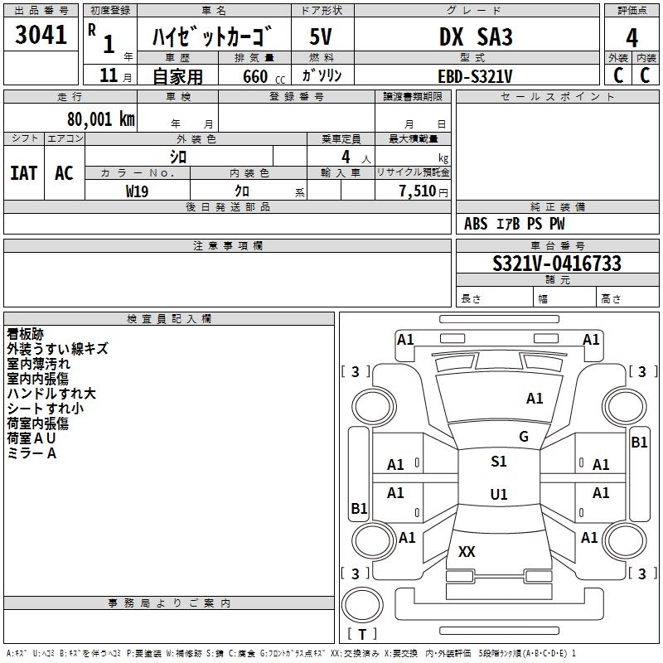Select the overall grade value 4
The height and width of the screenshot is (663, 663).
pos(632,37)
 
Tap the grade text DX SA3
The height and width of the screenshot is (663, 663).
pos(476,37)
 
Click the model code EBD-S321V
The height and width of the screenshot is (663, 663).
pos(475,76)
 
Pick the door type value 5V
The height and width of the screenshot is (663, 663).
pos(322,37)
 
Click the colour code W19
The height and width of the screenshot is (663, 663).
pos(138,190)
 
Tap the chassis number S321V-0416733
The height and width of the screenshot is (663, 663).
pos(556,264)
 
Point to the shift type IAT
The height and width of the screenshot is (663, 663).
pos(24,172)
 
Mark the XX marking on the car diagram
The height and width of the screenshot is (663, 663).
pos(467,551)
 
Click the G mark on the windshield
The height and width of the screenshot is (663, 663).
pos(523,437)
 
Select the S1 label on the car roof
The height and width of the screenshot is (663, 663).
pos(498,462)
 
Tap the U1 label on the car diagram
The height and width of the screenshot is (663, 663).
pos(498,495)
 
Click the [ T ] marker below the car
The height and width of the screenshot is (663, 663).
pos(361,634)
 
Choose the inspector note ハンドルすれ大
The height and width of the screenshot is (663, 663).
pos(51,393)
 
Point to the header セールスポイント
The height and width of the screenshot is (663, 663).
pos(558,97)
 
